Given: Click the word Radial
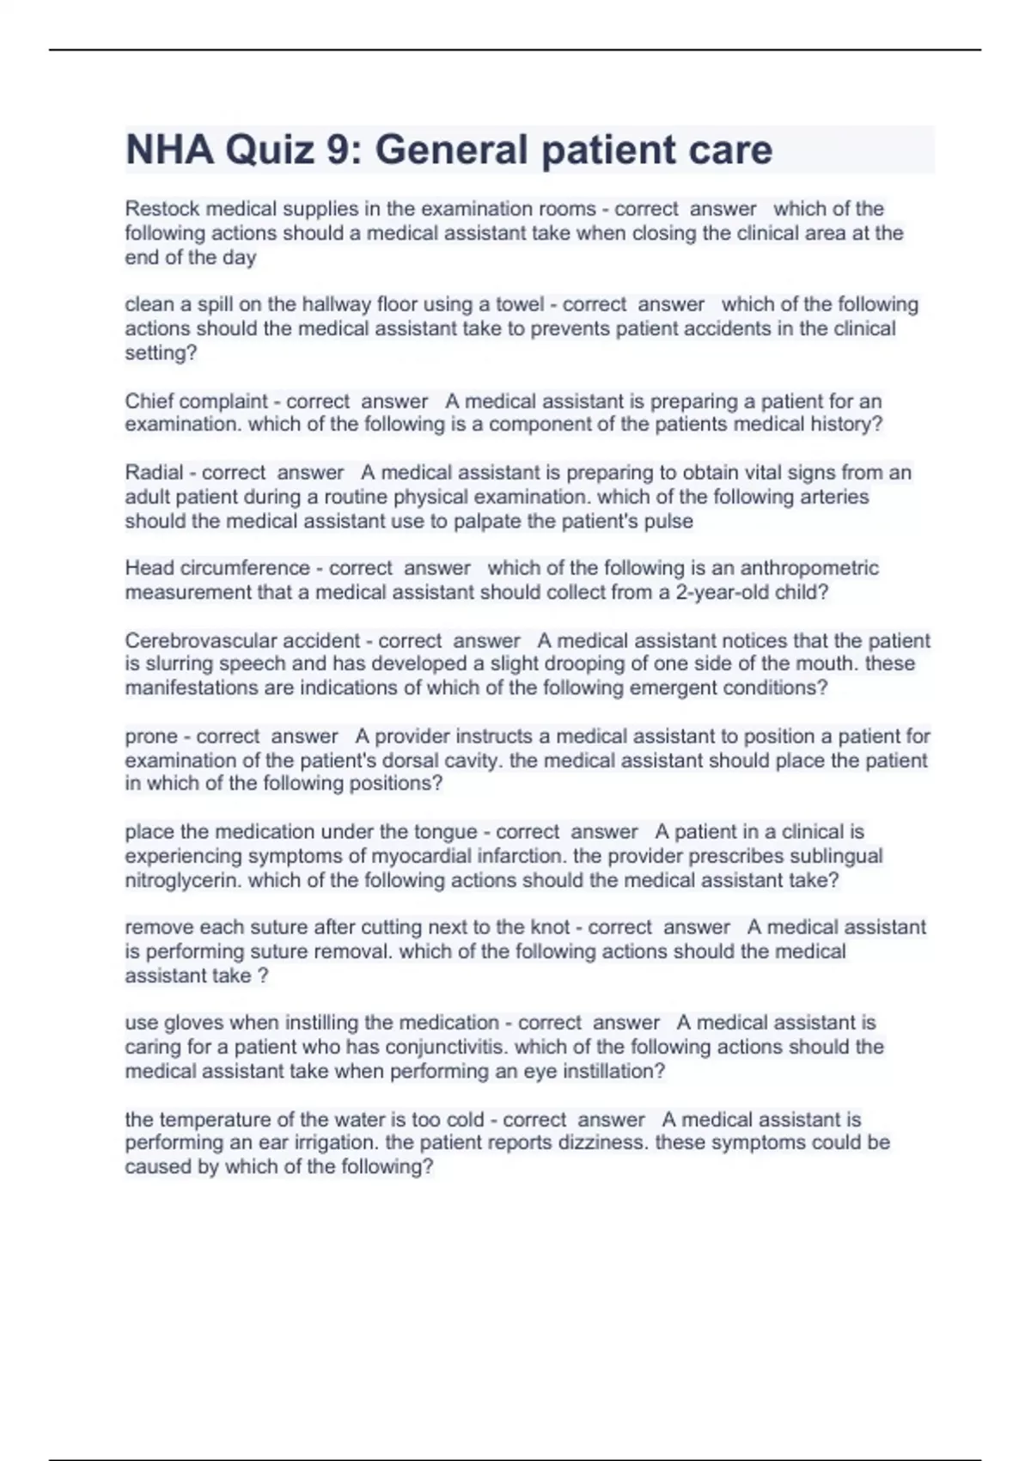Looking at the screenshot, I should click(154, 473).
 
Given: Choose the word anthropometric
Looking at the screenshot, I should click(809, 568).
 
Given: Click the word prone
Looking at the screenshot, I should click(149, 737).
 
